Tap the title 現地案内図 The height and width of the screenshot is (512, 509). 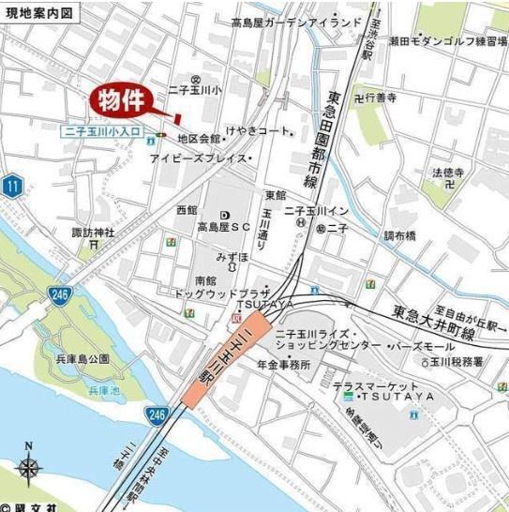point(41,12)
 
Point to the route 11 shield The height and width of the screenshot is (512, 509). point(11,186)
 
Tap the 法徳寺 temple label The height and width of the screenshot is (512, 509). point(449,173)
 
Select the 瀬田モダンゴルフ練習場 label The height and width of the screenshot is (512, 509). point(436,41)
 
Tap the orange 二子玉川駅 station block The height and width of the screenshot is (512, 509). point(231,357)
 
